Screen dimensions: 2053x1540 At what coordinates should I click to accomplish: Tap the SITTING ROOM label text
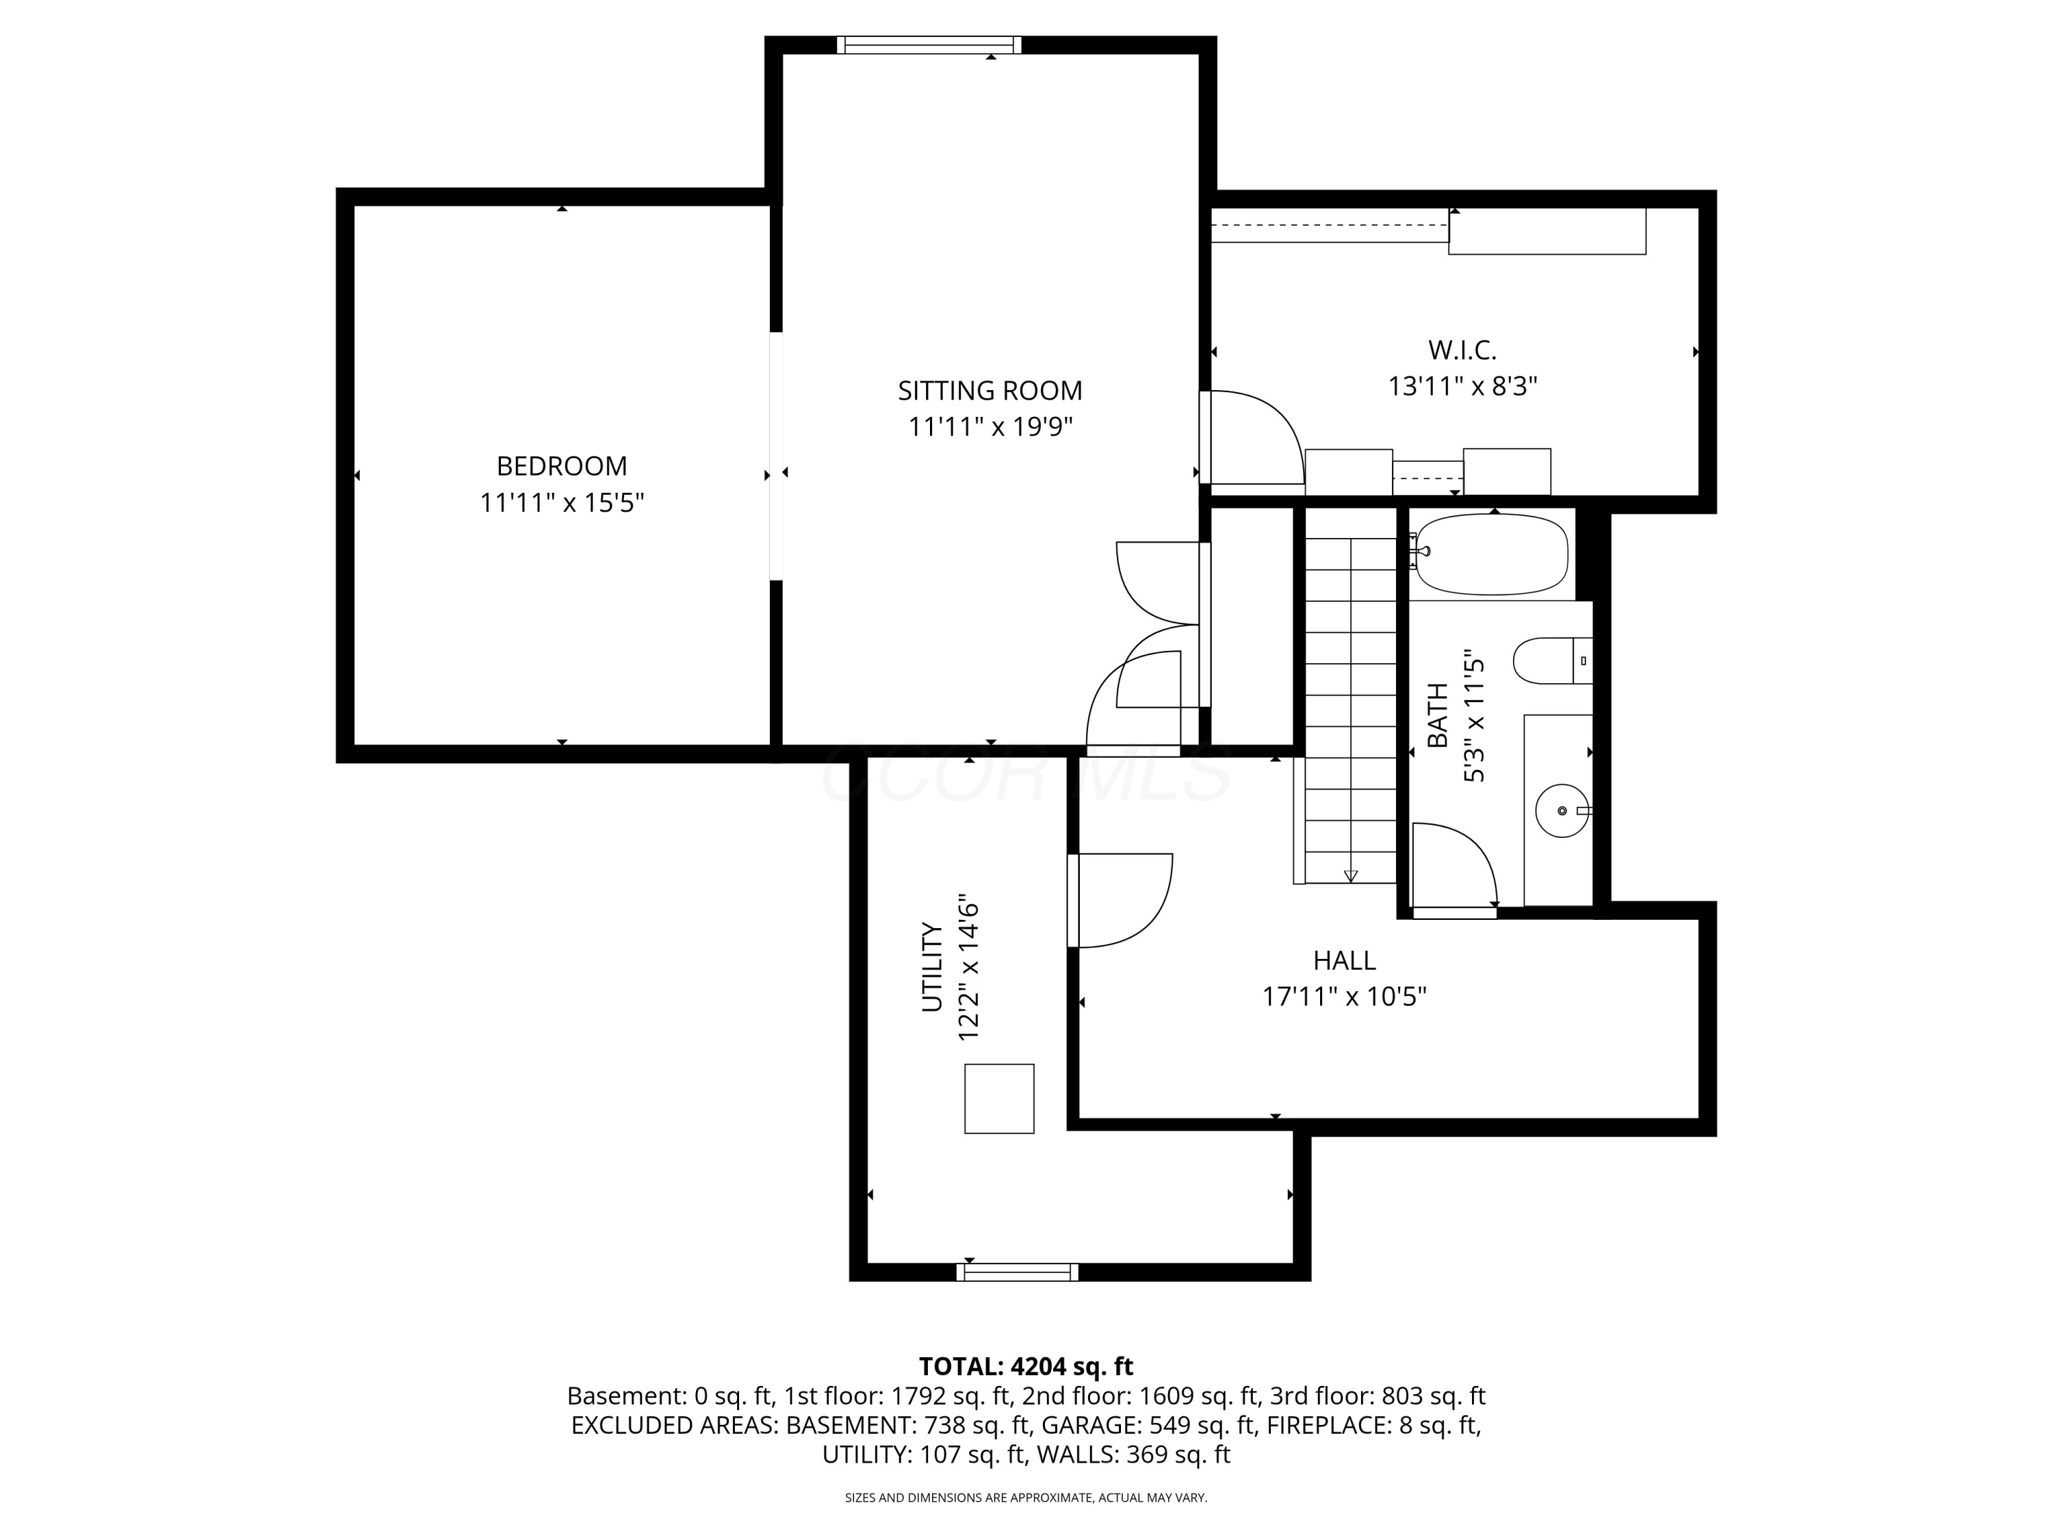(990, 391)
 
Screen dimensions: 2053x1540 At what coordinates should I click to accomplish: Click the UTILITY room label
(932, 966)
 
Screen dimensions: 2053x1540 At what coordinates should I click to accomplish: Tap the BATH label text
(1436, 715)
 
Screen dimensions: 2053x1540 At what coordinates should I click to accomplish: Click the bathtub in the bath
(1491, 555)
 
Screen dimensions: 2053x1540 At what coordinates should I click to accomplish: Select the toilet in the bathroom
(1553, 661)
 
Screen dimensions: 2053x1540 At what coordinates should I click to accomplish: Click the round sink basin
(1563, 810)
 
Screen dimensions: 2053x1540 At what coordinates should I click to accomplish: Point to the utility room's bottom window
(1017, 1272)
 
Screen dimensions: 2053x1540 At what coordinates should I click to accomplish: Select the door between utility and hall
(1120, 901)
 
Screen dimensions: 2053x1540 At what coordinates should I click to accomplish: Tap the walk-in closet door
(1252, 437)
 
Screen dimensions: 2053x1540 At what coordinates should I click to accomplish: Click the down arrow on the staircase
(1350, 875)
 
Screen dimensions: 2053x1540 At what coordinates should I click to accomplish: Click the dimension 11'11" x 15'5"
(562, 503)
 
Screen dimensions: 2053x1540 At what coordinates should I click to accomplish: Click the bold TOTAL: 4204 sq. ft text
(1026, 1366)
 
